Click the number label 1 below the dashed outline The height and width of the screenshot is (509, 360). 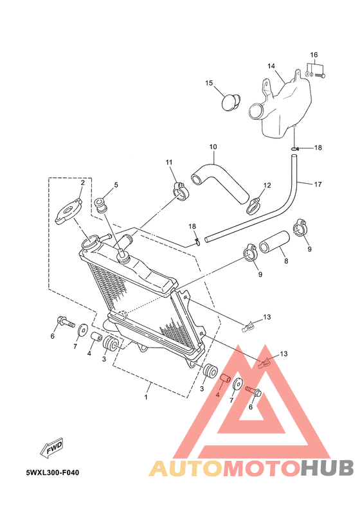pyautogui.click(x=146, y=397)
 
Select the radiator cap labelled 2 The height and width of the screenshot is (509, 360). pyautogui.click(x=69, y=211)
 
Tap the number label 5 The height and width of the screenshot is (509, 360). pyautogui.click(x=116, y=185)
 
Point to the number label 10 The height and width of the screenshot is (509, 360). pyautogui.click(x=213, y=147)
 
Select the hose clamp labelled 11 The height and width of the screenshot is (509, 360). pyautogui.click(x=179, y=192)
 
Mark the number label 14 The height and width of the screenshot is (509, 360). pyautogui.click(x=271, y=66)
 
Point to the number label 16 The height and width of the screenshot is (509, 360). pyautogui.click(x=314, y=55)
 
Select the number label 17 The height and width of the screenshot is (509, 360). pyautogui.click(x=318, y=184)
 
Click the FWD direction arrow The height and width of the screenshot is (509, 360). pyautogui.click(x=51, y=449)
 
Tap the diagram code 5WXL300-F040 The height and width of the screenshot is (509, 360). pyautogui.click(x=52, y=472)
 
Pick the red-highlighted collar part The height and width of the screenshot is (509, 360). pyautogui.click(x=224, y=379)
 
